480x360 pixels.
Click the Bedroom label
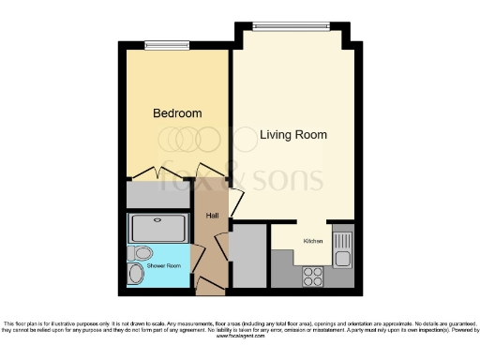click(177, 113)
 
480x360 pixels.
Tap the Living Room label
click(293, 135)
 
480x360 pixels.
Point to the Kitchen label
click(312, 241)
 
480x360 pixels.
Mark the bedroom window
click(167, 44)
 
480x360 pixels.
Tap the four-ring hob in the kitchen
click(313, 276)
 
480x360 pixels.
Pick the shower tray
click(158, 228)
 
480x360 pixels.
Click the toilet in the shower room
click(142, 252)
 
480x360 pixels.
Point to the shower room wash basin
click(137, 274)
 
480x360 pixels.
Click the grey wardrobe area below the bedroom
click(158, 195)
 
